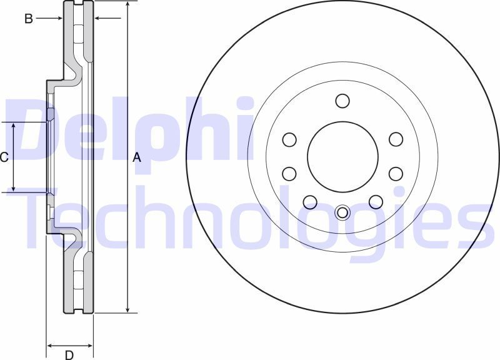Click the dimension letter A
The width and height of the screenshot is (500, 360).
137,159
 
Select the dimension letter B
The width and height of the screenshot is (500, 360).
28,19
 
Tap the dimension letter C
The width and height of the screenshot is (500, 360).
4,157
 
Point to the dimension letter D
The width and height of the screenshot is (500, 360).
69,355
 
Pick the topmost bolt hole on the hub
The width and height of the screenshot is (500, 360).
342,101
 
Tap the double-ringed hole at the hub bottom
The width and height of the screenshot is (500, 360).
342,212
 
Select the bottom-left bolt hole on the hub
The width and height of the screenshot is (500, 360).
309,201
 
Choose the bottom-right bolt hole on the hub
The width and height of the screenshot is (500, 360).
375,201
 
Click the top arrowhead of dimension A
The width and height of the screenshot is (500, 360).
127,4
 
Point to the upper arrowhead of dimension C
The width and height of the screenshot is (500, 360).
14,126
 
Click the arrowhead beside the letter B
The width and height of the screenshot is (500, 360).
59,19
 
